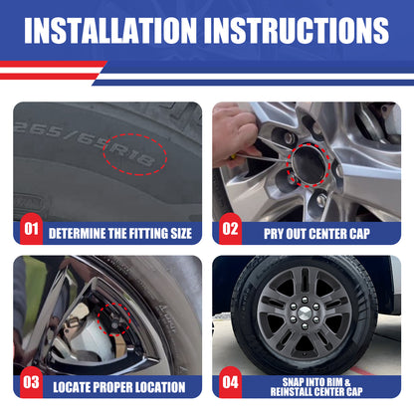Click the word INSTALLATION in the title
(x=110, y=31)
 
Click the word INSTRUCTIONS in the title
(x=297, y=31)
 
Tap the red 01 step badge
(x=31, y=229)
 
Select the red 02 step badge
(x=230, y=229)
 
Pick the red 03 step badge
(x=31, y=382)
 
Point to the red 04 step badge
(x=230, y=382)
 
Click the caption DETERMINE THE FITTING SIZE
(x=120, y=234)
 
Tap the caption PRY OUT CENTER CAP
(x=316, y=234)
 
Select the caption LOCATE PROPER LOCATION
(x=119, y=387)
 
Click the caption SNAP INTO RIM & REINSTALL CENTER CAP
(x=316, y=387)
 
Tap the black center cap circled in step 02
(x=308, y=165)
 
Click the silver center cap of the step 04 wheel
(x=305, y=312)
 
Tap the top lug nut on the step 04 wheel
(x=305, y=301)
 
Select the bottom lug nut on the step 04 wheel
(x=305, y=326)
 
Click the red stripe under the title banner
(x=53, y=64)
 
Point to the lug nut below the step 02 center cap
(x=321, y=200)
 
